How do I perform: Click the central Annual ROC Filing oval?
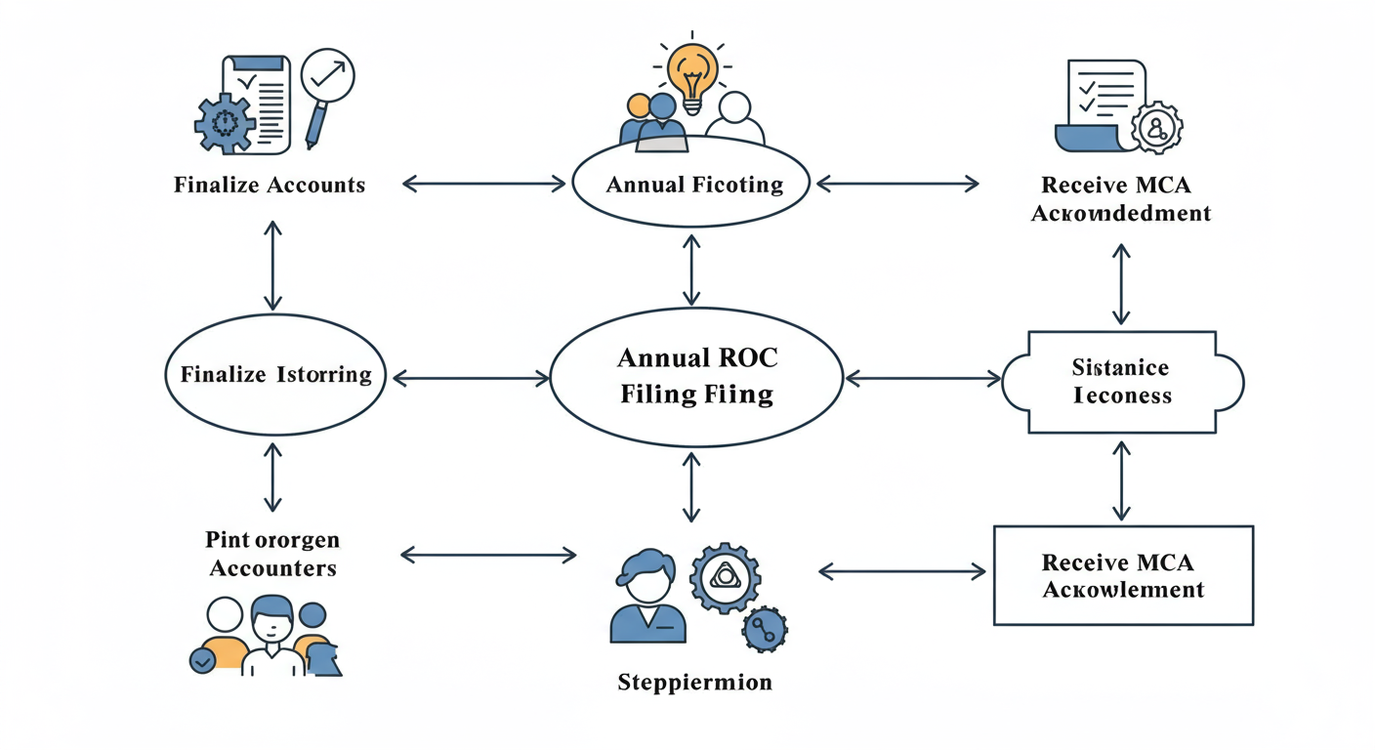coord(696,376)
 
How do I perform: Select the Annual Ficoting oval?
coord(691,185)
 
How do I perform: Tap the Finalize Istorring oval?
coord(275,375)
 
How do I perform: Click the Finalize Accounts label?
coord(270,185)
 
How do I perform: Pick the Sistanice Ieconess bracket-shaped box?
coord(1122,382)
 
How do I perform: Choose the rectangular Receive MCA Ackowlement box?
coord(1123,576)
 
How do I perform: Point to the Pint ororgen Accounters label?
coord(272,554)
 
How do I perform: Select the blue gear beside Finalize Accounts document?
coord(225,122)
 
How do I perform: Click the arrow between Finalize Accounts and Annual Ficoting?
coord(483,183)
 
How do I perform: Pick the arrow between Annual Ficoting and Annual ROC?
coord(691,269)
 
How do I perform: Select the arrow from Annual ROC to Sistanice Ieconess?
coord(923,377)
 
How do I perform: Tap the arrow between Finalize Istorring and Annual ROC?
coord(470,378)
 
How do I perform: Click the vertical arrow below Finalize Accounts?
coord(272,265)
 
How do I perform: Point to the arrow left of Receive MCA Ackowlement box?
coord(900,570)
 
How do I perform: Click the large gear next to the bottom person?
coord(724,578)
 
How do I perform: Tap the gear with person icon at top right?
coord(1156,126)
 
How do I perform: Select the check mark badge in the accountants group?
coord(203,661)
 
